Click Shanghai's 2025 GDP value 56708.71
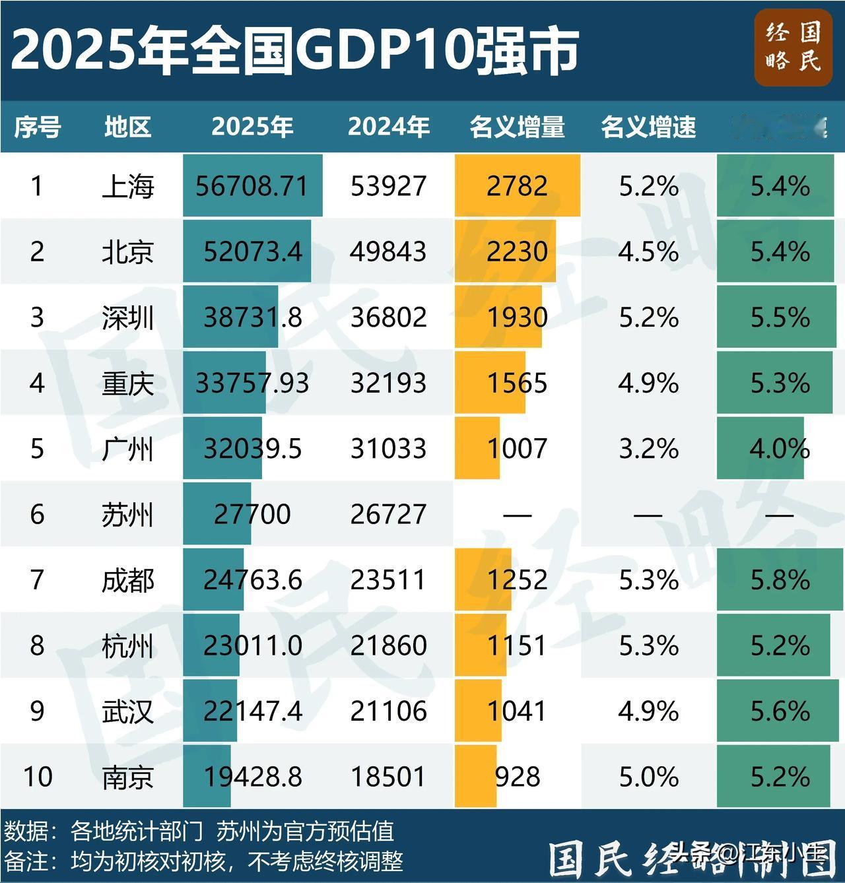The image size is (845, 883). [252, 186]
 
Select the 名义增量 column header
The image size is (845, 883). [517, 127]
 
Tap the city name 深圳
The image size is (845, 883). [127, 317]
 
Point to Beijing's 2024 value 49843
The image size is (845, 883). [388, 251]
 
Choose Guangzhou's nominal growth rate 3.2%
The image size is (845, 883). [648, 449]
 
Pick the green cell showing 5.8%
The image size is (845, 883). [780, 580]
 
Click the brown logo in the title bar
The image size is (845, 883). [793, 48]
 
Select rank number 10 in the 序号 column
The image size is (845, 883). [37, 777]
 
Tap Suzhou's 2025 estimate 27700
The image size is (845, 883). [252, 514]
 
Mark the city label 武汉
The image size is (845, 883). [127, 711]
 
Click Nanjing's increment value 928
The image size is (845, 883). [517, 777]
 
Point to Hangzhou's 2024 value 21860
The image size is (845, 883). [388, 645]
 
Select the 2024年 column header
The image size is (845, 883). [388, 127]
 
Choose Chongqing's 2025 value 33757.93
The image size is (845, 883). [252, 383]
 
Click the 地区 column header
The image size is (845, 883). [127, 127]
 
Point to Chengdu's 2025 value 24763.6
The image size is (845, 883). [252, 580]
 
